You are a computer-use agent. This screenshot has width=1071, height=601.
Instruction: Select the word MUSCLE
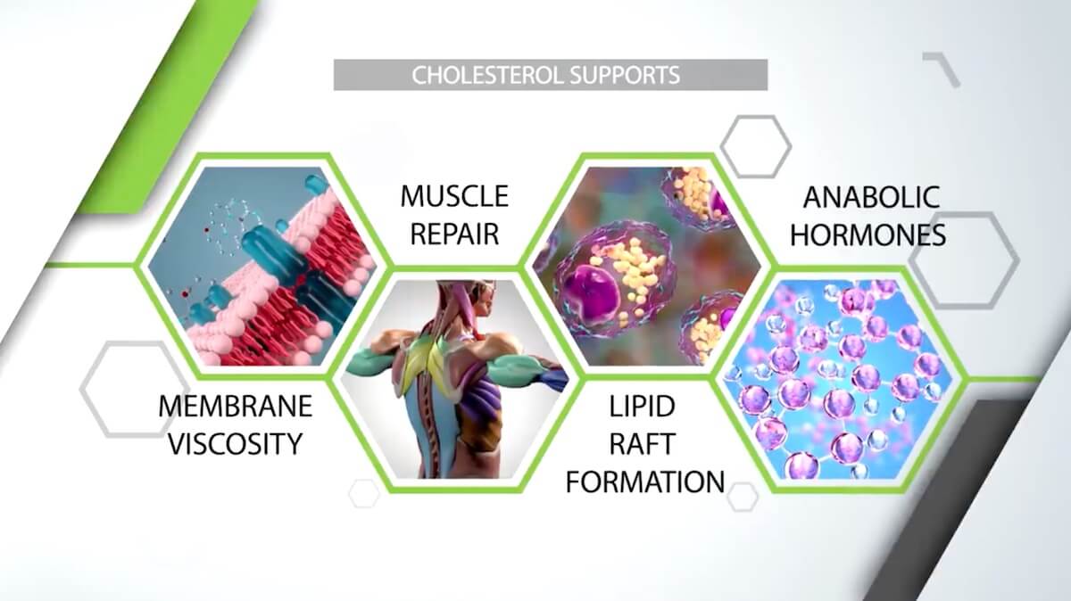(x=454, y=196)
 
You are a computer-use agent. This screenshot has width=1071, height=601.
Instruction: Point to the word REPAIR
(x=454, y=235)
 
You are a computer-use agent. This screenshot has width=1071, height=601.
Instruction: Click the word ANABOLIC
(x=872, y=197)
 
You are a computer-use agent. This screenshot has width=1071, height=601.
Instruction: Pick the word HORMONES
(x=868, y=235)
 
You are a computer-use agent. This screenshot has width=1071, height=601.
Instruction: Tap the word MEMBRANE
(x=236, y=406)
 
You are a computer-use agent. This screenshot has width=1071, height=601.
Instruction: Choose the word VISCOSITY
(x=236, y=444)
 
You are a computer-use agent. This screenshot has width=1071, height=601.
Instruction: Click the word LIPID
(x=642, y=406)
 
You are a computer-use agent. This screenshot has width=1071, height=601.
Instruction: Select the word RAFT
(x=642, y=444)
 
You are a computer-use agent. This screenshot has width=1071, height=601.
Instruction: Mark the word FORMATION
(x=645, y=482)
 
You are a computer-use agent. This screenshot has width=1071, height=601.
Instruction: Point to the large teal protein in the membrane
(x=272, y=253)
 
